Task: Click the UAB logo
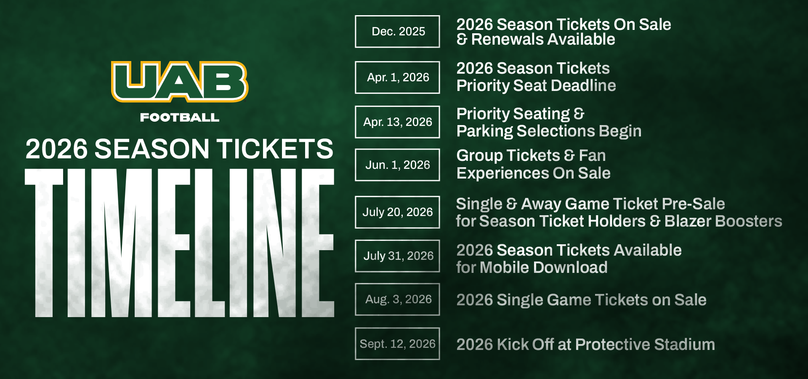(180, 82)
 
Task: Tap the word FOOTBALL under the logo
(180, 117)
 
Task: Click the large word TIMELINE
(180, 243)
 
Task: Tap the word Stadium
(685, 345)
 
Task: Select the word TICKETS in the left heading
(275, 149)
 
